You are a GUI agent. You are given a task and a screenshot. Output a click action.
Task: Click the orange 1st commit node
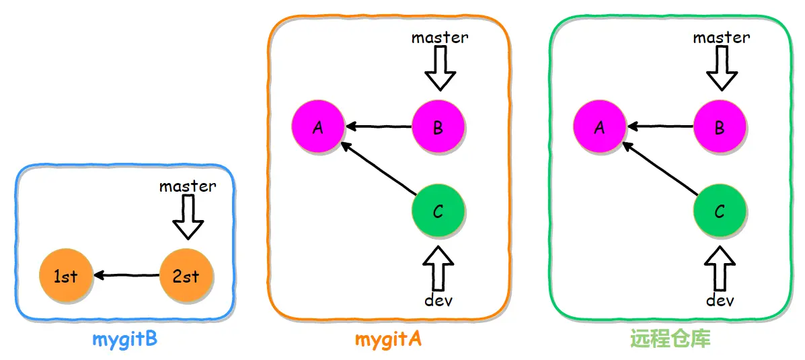pos(65,277)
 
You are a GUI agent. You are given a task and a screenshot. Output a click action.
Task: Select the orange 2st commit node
pos(186,277)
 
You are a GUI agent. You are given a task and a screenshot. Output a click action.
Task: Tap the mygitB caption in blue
pos(125,340)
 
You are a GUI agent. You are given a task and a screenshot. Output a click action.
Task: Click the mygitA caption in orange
pos(388,340)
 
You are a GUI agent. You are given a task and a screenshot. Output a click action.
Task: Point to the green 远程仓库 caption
pos(670,339)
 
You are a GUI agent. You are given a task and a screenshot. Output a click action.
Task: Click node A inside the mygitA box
pos(318,127)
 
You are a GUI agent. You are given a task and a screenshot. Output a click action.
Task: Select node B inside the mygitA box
pos(438,127)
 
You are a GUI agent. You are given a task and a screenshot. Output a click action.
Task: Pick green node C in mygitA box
pos(438,211)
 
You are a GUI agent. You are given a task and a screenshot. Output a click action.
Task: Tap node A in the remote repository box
pos(599,127)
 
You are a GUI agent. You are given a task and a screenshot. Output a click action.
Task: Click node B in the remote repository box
pos(720,127)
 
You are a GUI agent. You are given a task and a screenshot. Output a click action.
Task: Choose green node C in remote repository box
pos(720,211)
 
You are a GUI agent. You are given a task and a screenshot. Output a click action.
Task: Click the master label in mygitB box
pos(188,186)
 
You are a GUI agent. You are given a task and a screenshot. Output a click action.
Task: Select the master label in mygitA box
pos(440,38)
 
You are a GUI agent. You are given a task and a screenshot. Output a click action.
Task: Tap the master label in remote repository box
pos(722,38)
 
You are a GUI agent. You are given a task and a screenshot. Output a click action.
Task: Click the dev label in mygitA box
pos(438,300)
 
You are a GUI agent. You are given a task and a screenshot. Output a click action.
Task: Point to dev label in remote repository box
pos(720,300)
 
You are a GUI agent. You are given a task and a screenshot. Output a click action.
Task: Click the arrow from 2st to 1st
pos(126,276)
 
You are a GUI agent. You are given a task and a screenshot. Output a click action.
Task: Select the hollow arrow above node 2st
pos(188,218)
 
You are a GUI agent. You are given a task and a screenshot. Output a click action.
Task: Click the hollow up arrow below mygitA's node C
pos(438,268)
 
